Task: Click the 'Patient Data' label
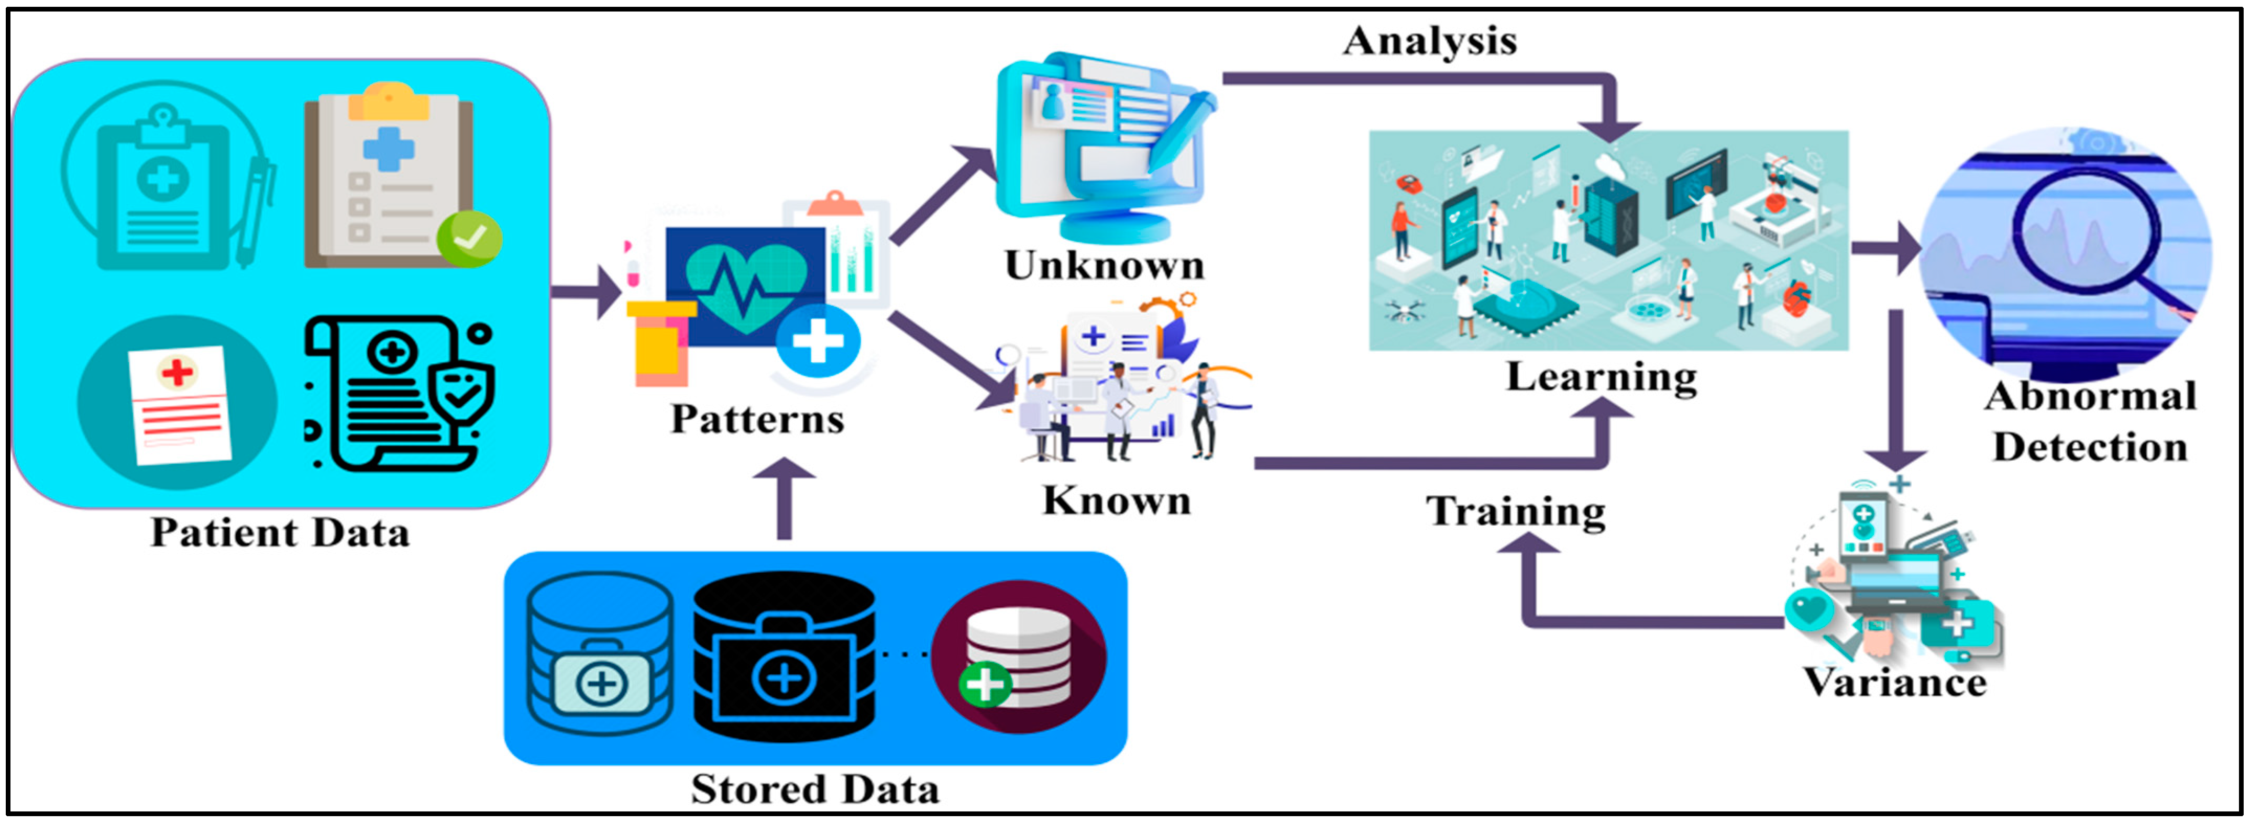[x=280, y=532]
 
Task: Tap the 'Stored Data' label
[x=814, y=788]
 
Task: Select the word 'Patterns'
[x=757, y=419]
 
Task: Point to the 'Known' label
[x=1117, y=500]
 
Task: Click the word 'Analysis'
[x=1430, y=40]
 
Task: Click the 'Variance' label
[x=1894, y=682]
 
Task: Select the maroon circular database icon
[x=1019, y=655]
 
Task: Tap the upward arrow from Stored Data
[x=784, y=498]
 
